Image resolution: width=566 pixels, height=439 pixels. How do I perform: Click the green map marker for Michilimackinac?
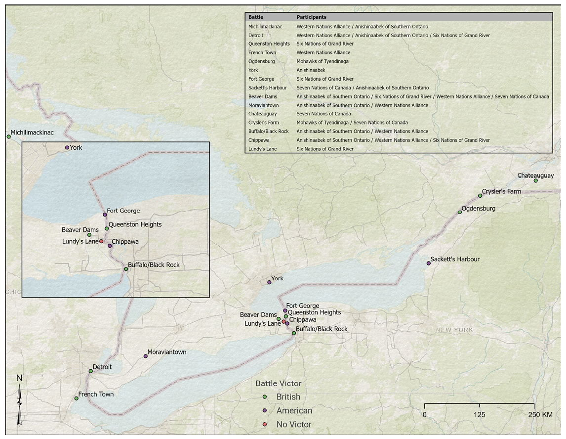(x=8, y=136)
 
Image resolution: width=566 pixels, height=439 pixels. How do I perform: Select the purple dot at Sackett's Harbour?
(x=429, y=263)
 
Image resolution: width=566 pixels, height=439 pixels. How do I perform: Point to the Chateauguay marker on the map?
(x=535, y=181)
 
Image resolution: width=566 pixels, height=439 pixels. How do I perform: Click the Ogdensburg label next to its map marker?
(x=478, y=209)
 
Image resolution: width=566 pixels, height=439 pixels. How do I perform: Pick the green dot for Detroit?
(x=90, y=371)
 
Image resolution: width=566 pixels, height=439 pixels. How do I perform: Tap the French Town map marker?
(x=76, y=398)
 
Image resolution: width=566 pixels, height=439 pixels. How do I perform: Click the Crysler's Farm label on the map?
(x=501, y=191)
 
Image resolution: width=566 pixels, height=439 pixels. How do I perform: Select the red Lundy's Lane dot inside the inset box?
(x=101, y=242)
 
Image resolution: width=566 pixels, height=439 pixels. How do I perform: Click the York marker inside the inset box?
(x=67, y=148)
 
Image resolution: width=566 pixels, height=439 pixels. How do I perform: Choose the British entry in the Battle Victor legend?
(x=288, y=397)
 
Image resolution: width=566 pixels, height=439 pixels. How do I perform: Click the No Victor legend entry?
(x=294, y=425)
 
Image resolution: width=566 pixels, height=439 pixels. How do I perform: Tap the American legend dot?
(x=265, y=411)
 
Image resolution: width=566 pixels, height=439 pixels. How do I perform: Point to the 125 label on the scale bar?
(x=479, y=414)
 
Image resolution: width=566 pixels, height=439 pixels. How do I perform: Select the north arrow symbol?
(x=19, y=401)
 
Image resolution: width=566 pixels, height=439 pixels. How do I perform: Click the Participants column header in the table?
(x=311, y=17)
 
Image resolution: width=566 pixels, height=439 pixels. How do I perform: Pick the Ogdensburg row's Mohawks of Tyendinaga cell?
(x=322, y=61)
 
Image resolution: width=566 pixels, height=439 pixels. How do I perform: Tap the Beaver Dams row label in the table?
(x=263, y=97)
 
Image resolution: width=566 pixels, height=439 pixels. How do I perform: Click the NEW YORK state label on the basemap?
(x=454, y=330)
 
